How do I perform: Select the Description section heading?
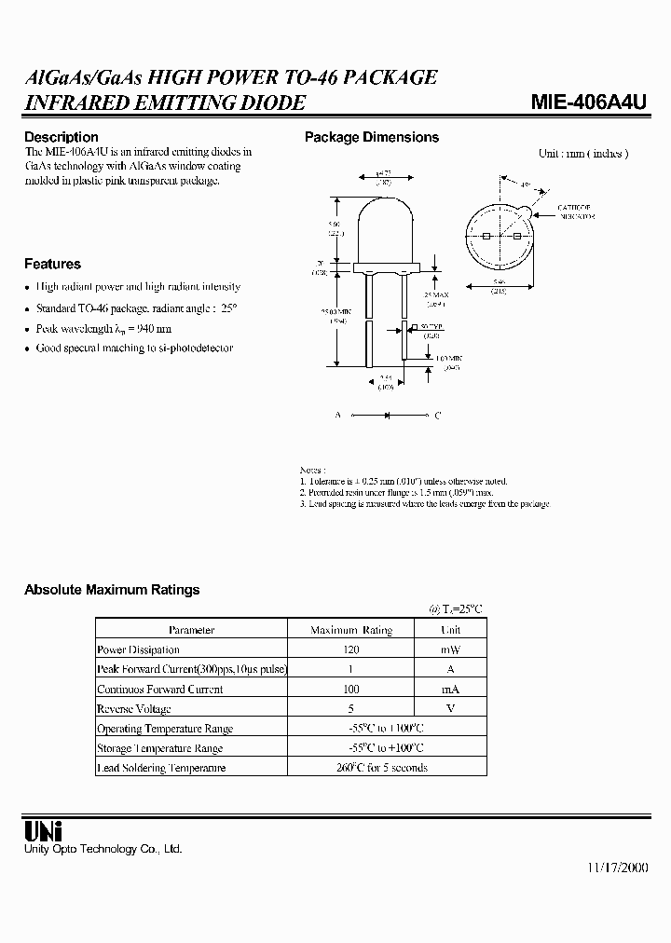click(x=61, y=137)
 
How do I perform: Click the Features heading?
click(x=52, y=264)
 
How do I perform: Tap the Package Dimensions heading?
click(x=372, y=137)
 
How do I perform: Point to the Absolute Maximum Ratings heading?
click(x=112, y=590)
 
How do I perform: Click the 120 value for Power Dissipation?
click(x=351, y=649)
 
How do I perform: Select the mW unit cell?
click(x=451, y=649)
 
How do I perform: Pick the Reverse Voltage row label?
click(x=134, y=709)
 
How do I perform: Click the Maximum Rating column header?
click(x=351, y=630)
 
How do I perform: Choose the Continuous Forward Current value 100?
click(x=351, y=690)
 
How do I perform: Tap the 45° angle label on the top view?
click(x=526, y=186)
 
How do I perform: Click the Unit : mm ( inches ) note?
click(x=583, y=154)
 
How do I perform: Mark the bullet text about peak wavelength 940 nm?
click(x=103, y=329)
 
